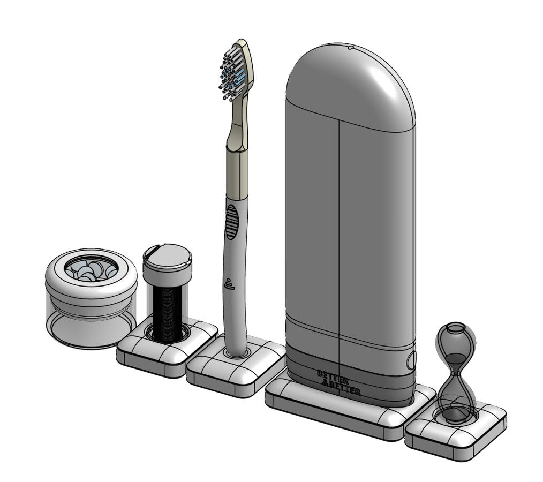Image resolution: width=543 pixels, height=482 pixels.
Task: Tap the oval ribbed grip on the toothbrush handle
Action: click(x=232, y=222)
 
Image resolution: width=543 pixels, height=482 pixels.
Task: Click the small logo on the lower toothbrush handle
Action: click(x=229, y=284)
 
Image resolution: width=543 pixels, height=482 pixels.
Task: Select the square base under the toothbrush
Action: click(x=236, y=366)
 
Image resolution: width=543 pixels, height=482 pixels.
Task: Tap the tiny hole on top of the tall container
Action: click(x=350, y=48)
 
